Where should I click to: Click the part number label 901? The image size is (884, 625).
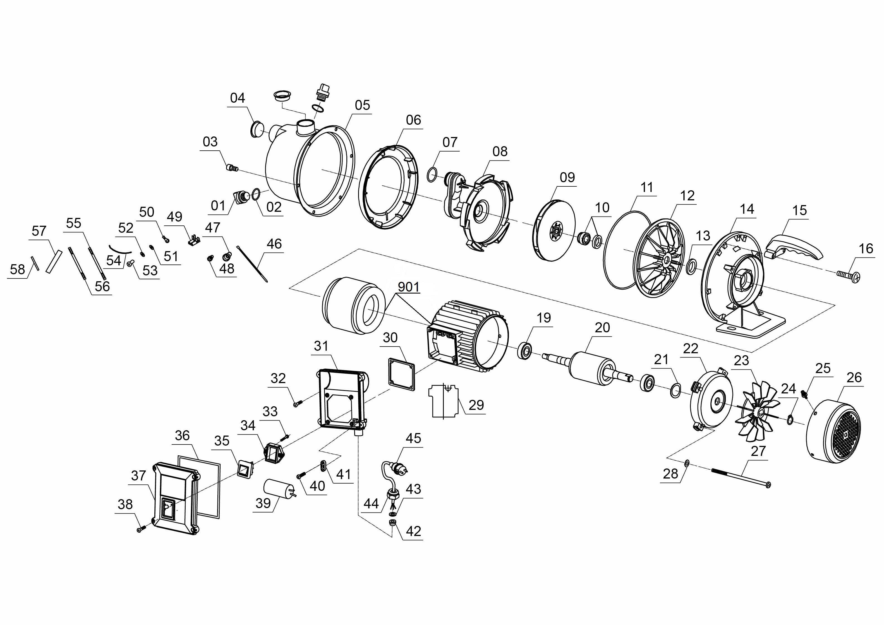(408, 287)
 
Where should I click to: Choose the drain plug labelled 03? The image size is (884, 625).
(232, 167)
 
